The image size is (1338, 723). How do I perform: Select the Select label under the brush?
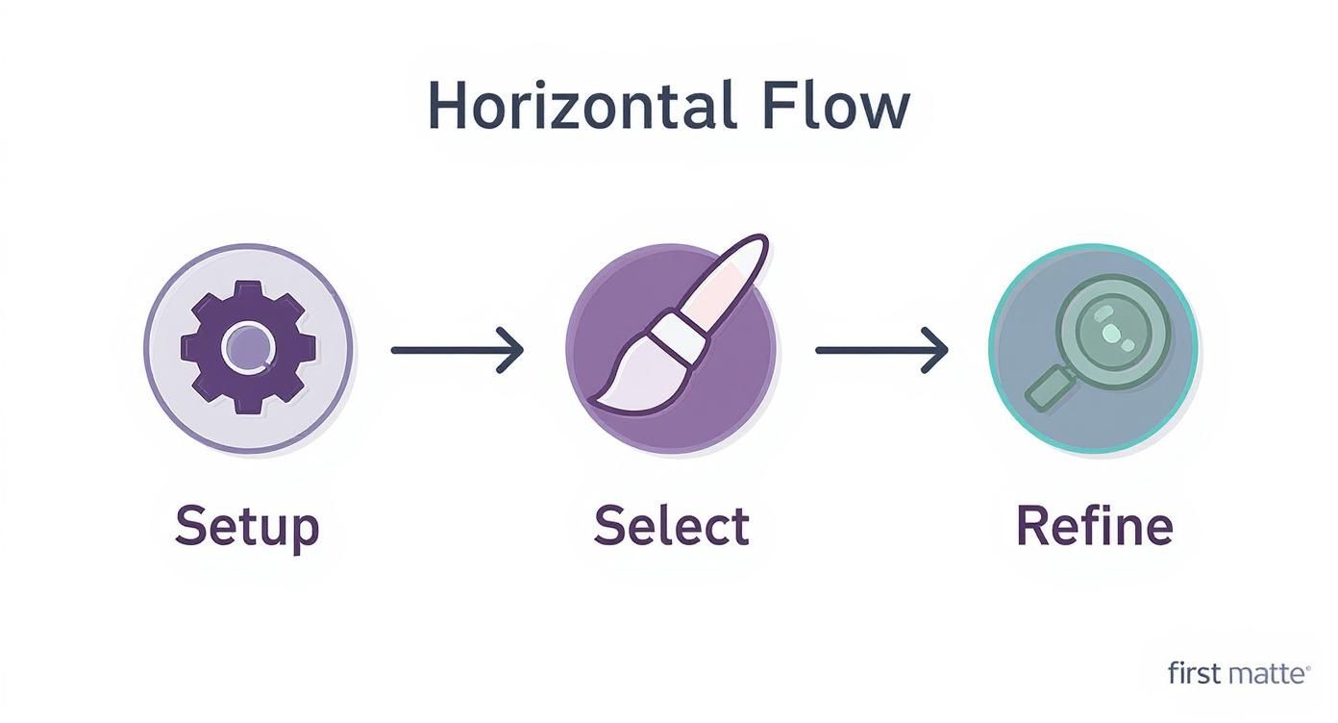[671, 526]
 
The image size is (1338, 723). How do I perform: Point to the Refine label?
[1094, 526]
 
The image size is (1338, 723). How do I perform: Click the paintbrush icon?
[673, 327]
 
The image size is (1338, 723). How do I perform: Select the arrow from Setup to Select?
[457, 350]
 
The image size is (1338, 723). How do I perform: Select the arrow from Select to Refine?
[880, 350]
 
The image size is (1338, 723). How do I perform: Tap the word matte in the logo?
[1262, 674]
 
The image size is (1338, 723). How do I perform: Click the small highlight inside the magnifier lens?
[1111, 333]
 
